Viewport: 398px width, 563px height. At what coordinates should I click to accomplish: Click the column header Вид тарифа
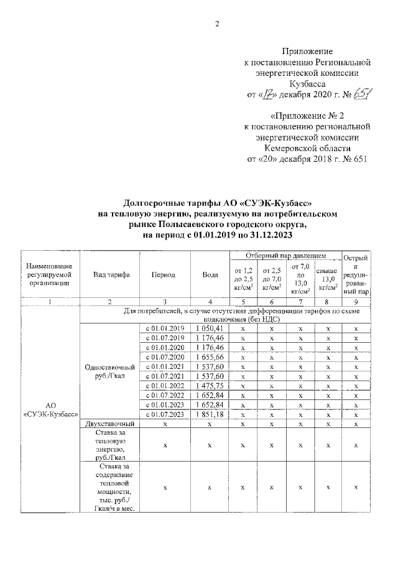click(111, 275)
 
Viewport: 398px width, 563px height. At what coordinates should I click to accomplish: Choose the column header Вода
click(210, 275)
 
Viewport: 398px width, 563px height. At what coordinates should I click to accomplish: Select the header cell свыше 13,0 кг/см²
click(327, 279)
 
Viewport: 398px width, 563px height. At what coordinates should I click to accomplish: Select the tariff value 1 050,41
click(209, 328)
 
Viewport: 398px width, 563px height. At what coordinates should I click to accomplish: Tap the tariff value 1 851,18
click(209, 414)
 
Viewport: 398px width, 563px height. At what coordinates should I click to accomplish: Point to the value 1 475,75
click(209, 386)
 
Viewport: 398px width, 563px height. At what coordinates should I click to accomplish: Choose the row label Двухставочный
click(109, 424)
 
